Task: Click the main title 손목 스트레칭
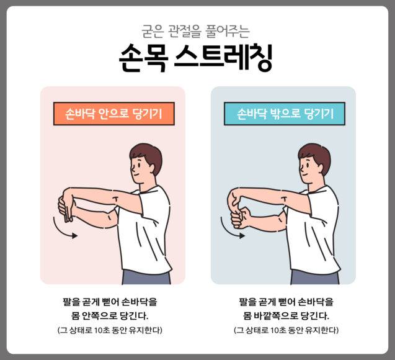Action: pos(197,58)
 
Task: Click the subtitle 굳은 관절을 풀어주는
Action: pos(197,29)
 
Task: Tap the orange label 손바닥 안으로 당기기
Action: pos(112,114)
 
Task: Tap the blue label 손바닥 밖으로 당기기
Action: pos(284,114)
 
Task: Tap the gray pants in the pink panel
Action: pos(146,276)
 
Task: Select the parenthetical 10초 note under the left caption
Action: pos(109,330)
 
